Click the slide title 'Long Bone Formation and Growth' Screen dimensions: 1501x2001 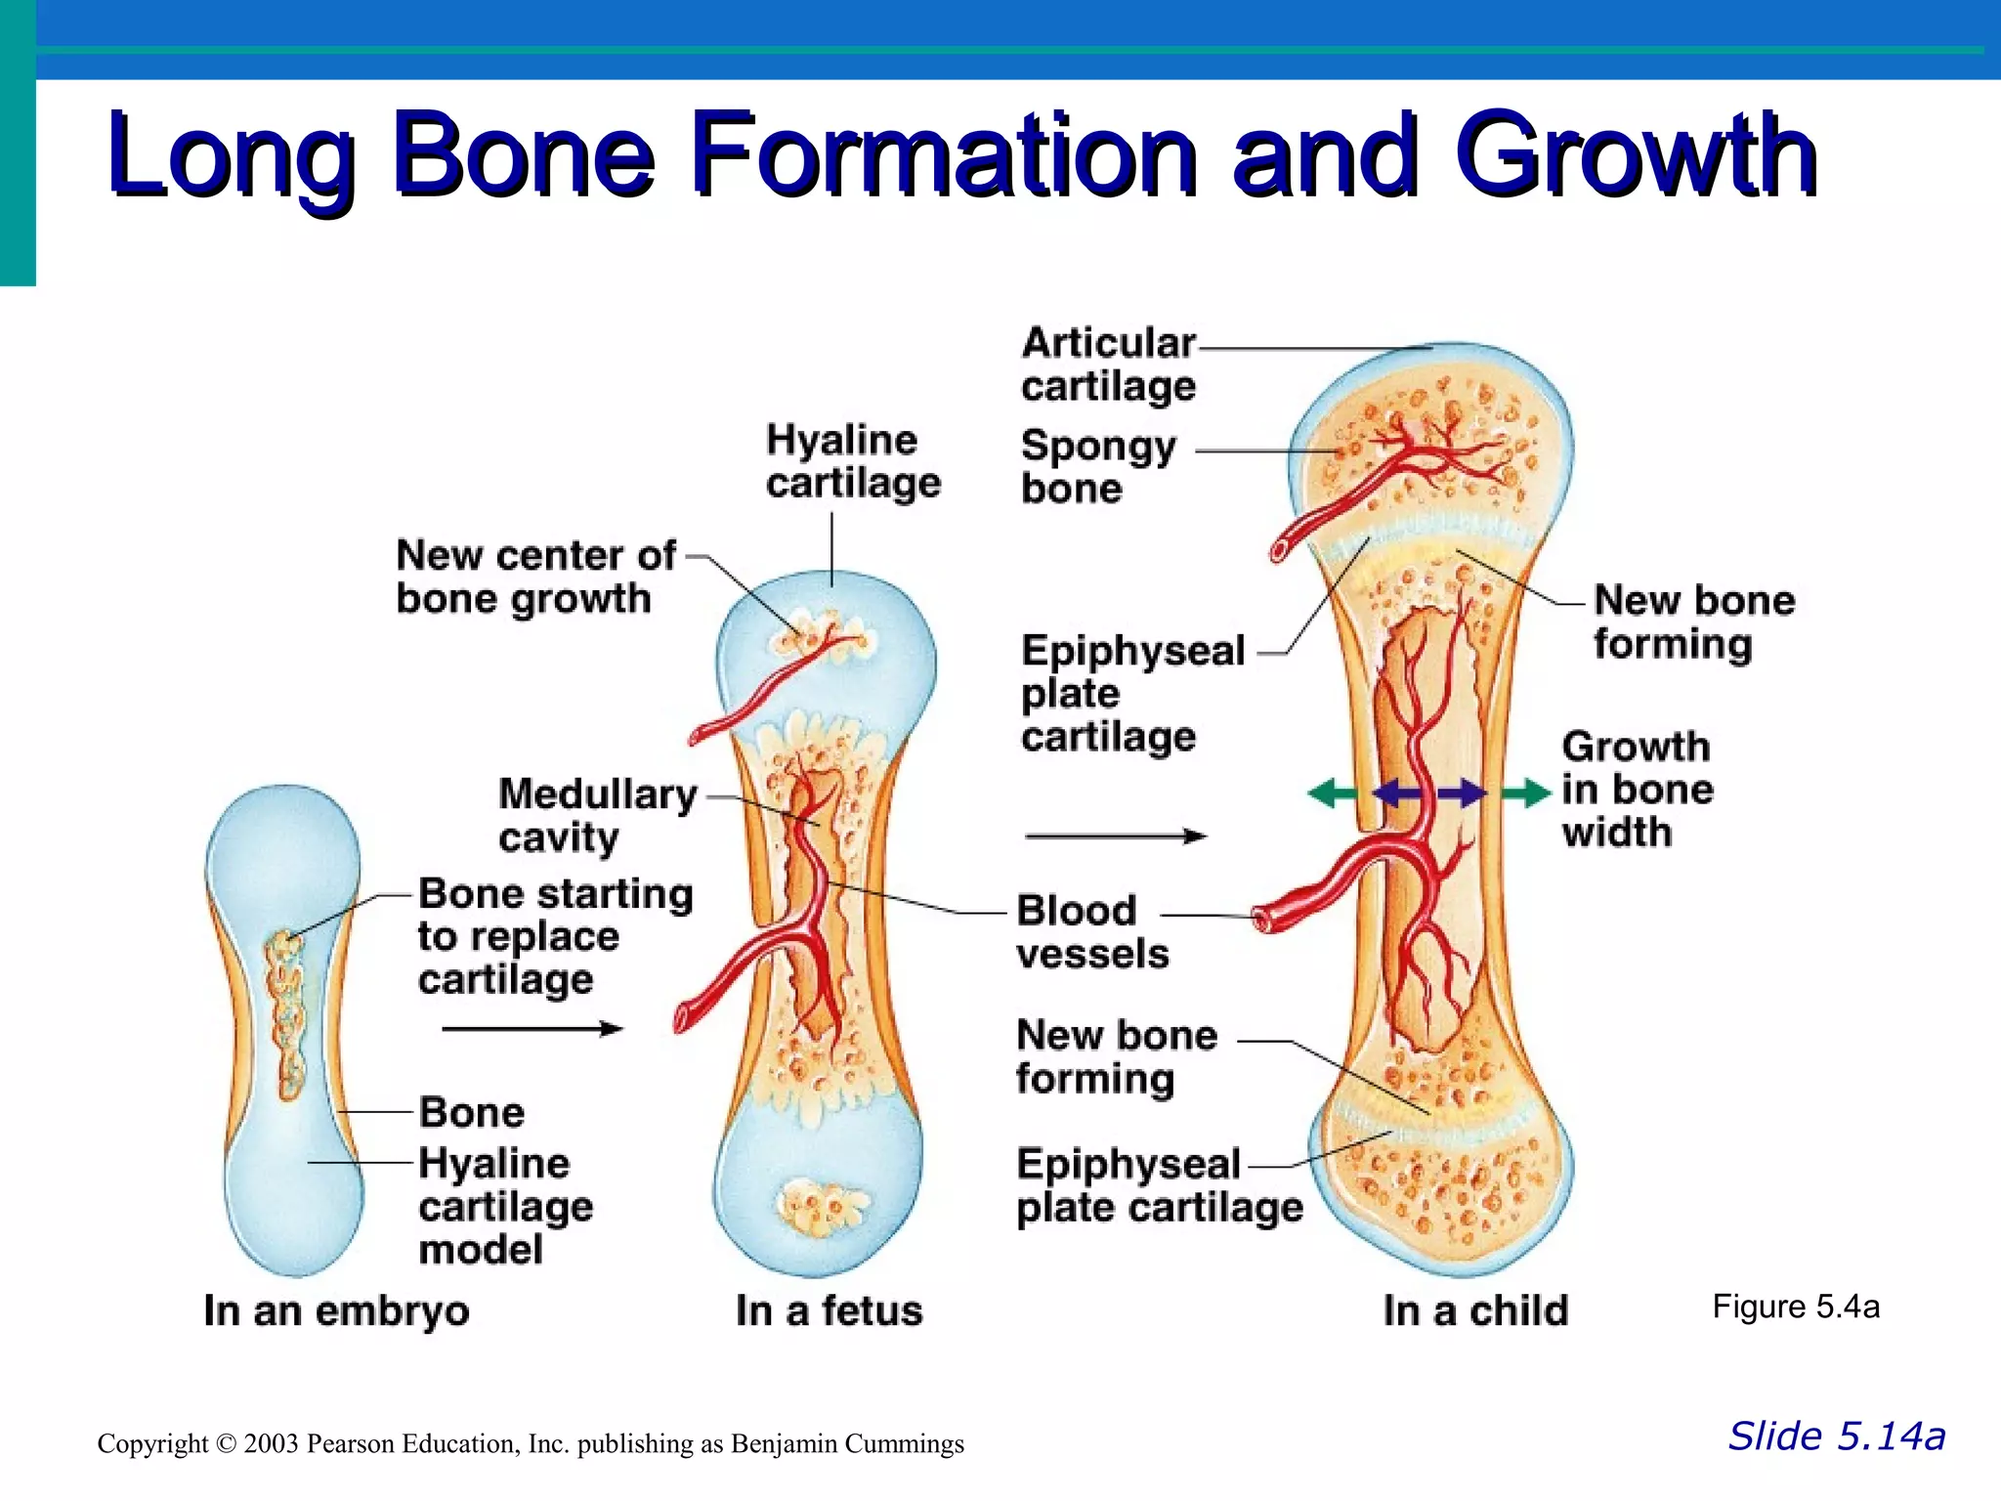tap(962, 156)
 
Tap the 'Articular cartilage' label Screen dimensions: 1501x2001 tap(1108, 365)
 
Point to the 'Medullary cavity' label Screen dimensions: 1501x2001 tap(597, 815)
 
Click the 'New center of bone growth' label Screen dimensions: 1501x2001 tap(534, 577)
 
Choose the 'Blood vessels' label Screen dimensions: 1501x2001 tap(1091, 931)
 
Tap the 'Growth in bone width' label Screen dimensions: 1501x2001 tap(1637, 789)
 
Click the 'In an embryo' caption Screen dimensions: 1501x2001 tap(336, 1310)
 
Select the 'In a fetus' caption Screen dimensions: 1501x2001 tap(829, 1310)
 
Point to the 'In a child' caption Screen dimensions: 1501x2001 tap(1475, 1310)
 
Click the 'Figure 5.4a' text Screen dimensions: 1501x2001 tap(1795, 1307)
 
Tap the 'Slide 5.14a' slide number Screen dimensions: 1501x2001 tap(1837, 1437)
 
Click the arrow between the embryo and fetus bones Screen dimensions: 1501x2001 tap(532, 1028)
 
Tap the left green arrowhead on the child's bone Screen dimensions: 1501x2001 tap(1323, 793)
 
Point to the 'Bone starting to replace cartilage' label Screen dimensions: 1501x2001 tap(555, 936)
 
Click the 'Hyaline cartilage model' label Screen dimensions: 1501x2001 tap(505, 1206)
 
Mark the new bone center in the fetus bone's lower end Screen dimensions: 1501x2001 tap(821, 1206)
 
